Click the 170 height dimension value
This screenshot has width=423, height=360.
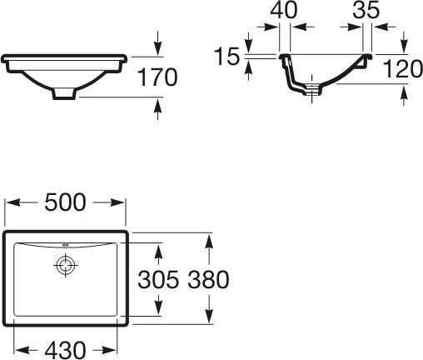click(x=157, y=78)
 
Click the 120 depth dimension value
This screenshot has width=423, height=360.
click(x=404, y=71)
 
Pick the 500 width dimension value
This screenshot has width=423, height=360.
click(x=67, y=202)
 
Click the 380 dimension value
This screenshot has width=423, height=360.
click(x=207, y=280)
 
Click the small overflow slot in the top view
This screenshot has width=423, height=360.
click(x=65, y=246)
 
